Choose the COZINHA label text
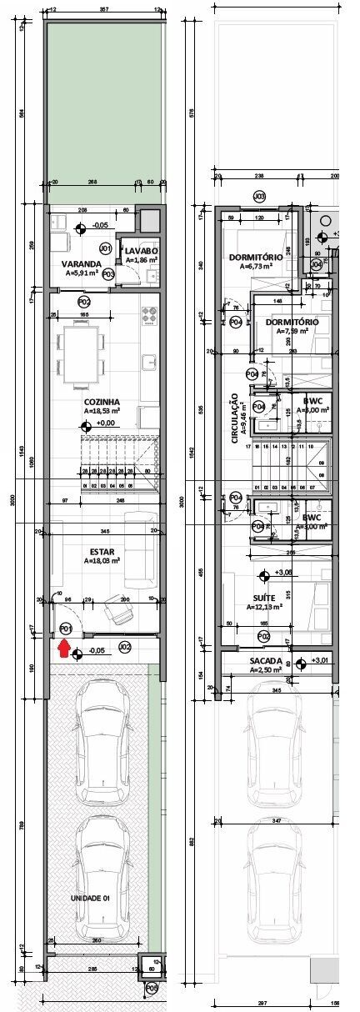point(101,402)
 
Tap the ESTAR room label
point(102,551)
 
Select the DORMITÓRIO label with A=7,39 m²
point(292,322)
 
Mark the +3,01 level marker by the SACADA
point(317,661)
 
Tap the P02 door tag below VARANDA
point(83,301)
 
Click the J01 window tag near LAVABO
point(105,248)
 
